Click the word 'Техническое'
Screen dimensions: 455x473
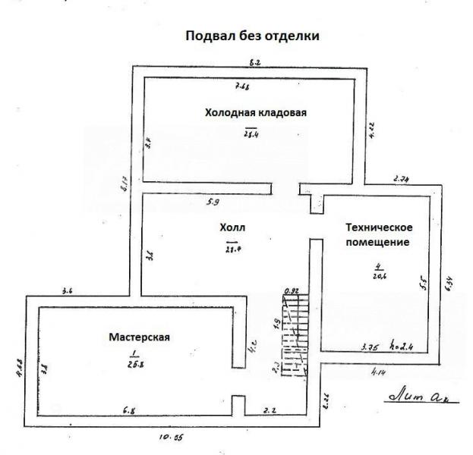[378, 227]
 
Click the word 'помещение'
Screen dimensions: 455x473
[378, 243]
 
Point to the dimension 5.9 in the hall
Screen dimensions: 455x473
[215, 202]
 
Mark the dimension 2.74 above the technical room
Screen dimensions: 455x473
[402, 179]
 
